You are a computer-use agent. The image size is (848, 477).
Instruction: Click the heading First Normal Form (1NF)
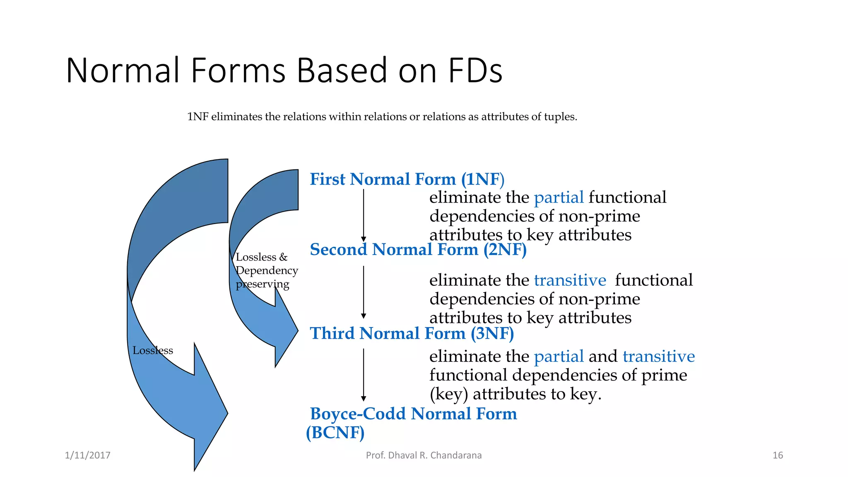coord(407,179)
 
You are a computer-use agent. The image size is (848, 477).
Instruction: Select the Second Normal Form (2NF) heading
coord(418,250)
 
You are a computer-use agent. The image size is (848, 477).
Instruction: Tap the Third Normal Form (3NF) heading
coord(412,333)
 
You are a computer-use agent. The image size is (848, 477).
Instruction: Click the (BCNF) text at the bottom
coord(335,433)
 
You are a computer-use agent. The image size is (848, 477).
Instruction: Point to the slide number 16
coord(778,455)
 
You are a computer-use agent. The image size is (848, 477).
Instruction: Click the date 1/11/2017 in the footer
coord(87,455)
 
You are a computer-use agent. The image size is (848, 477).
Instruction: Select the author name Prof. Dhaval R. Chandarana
coord(424,455)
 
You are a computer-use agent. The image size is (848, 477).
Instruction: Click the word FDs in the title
coord(475,70)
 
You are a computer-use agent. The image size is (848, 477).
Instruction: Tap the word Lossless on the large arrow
coord(152,351)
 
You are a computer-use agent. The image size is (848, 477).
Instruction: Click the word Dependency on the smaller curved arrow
coord(267,271)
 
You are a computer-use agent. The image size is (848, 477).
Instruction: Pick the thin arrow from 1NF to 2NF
coord(364,215)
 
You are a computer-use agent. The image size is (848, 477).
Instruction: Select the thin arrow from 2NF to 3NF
coord(364,292)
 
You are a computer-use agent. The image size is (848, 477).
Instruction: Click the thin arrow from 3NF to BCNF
coord(364,375)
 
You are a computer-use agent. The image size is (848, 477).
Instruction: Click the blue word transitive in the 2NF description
coord(570,280)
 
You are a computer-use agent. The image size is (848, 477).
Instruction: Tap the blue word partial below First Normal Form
coord(559,198)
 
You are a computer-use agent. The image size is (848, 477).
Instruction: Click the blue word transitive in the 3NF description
coord(658,357)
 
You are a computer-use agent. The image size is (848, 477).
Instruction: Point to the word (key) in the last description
coord(448,394)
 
